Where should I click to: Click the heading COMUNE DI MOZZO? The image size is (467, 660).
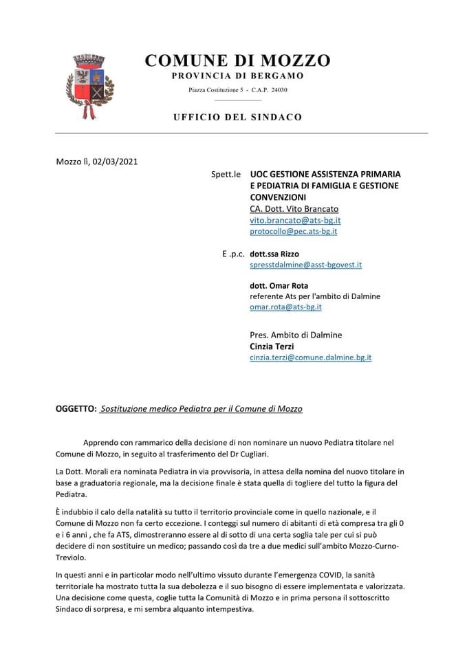click(x=237, y=60)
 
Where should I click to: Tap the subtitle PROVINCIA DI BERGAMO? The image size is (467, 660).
click(x=237, y=76)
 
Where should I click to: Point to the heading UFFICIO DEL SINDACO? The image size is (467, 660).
click(x=237, y=117)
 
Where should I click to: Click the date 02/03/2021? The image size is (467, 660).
click(x=115, y=162)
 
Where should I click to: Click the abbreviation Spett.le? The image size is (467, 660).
click(x=226, y=174)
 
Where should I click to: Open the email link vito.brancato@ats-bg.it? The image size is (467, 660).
click(x=295, y=220)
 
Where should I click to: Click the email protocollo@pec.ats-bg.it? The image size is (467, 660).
click(x=293, y=232)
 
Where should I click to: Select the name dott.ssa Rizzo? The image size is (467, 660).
click(x=274, y=254)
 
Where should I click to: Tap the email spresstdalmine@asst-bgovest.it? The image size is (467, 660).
click(x=305, y=264)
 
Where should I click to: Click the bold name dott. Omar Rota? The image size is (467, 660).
click(x=279, y=285)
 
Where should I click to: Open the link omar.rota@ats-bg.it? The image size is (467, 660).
click(x=285, y=307)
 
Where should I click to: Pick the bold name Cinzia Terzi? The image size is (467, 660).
click(x=272, y=346)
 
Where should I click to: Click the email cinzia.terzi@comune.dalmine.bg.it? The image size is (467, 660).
click(x=310, y=357)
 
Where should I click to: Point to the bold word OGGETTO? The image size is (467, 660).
click(x=76, y=408)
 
